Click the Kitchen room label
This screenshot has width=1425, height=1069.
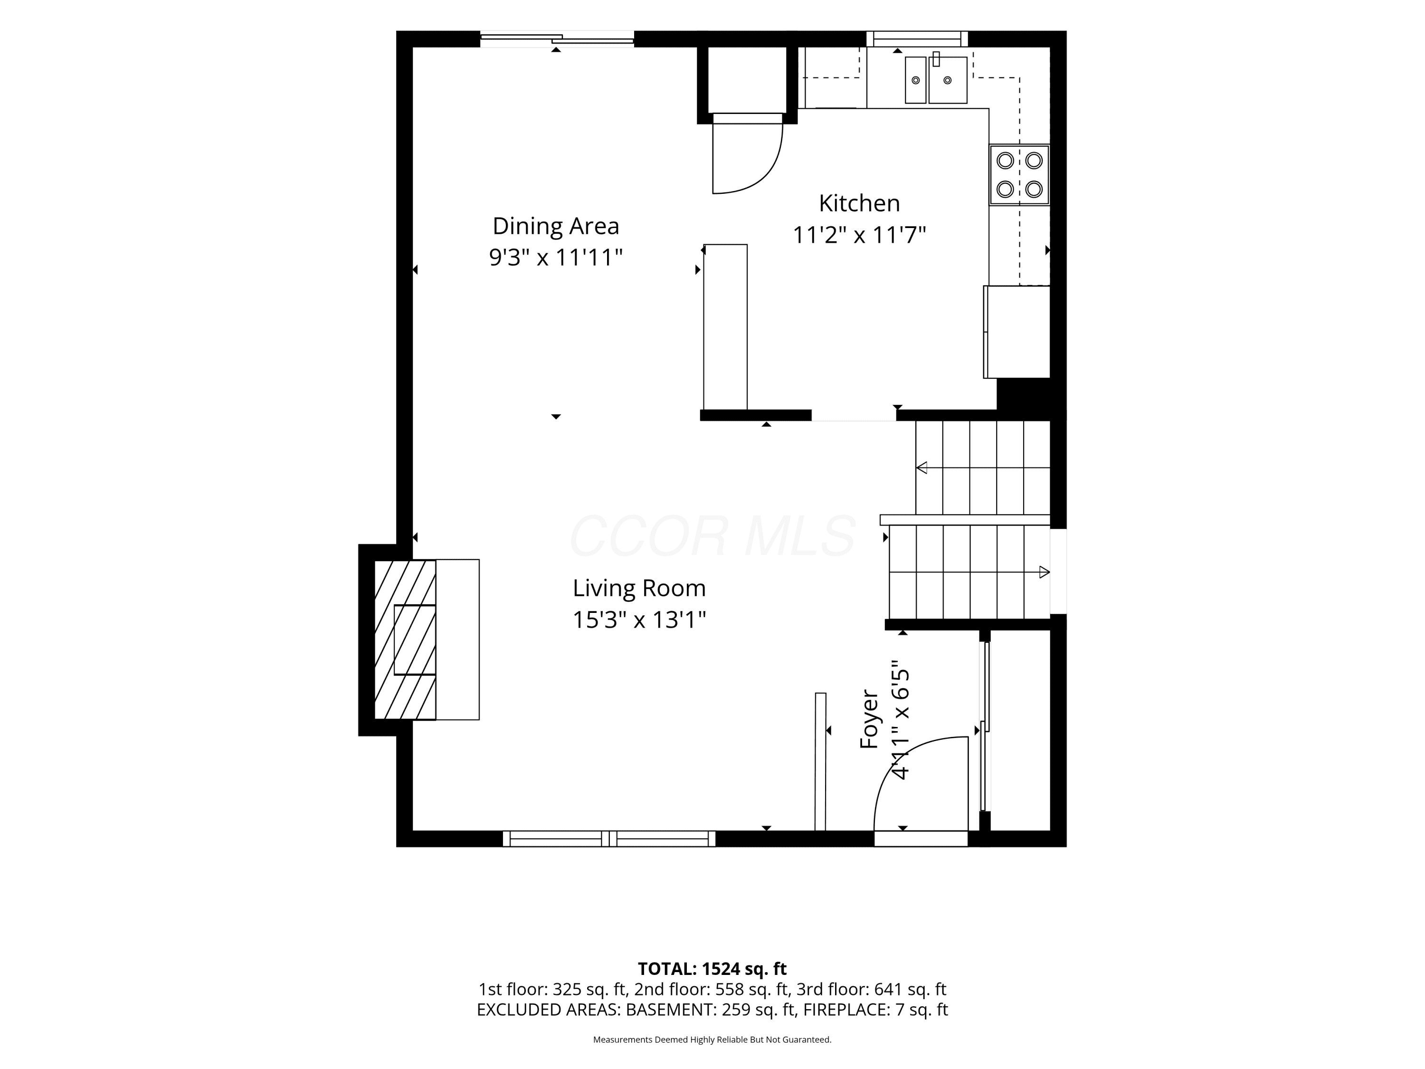[x=859, y=203]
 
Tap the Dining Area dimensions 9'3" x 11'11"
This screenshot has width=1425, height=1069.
[x=555, y=258]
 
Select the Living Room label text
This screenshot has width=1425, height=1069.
[x=639, y=588]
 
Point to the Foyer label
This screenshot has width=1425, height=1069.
[x=870, y=719]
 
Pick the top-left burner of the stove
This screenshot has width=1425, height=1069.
[x=1005, y=161]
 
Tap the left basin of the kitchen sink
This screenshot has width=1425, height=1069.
[x=915, y=80]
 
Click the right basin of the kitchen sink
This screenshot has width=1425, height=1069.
[x=948, y=80]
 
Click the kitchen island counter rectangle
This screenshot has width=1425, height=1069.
[x=725, y=327]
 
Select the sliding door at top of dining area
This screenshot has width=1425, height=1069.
[x=557, y=39]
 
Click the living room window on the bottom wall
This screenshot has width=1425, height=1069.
[x=609, y=838]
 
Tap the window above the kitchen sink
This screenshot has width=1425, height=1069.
[x=917, y=38]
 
